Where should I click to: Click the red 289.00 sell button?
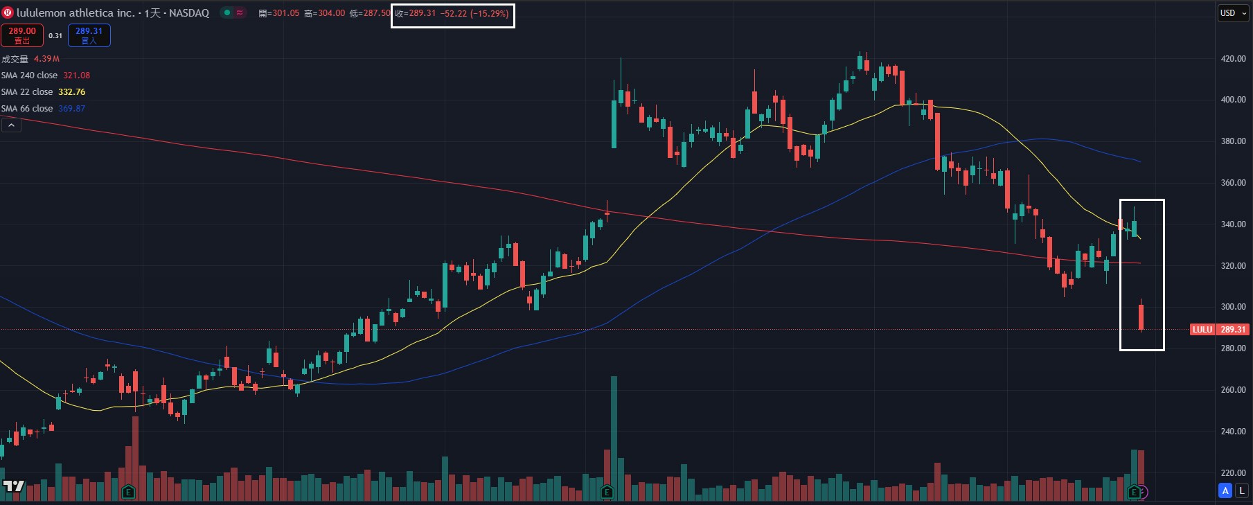pos(22,35)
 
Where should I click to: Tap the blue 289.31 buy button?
pos(89,35)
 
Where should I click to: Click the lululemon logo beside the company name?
pos(8,12)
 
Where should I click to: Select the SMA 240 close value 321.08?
pos(76,76)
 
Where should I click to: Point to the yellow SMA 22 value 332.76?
pos(71,92)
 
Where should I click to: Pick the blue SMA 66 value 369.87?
pos(71,109)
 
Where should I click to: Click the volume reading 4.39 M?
pos(46,59)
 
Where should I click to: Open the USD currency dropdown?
pos(1233,13)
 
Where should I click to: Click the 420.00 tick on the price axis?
pos(1233,59)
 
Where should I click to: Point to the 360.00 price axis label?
pos(1233,183)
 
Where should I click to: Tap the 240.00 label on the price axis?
pos(1233,431)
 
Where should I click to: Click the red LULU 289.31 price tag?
pos(1219,330)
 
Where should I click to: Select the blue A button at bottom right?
pos(1225,490)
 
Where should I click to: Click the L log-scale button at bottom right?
pos(1242,490)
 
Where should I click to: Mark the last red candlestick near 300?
pos(1141,317)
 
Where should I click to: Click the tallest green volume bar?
pos(614,429)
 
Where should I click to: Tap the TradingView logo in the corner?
pos(14,486)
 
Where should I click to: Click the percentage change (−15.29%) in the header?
pos(489,13)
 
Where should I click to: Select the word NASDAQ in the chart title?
pos(188,13)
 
